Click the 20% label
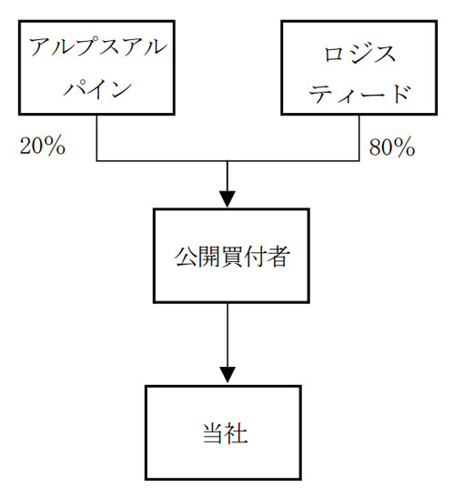click(x=43, y=147)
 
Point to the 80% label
click(x=392, y=147)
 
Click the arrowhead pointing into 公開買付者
click(x=227, y=199)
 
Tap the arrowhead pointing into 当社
click(x=227, y=375)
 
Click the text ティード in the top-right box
click(x=359, y=94)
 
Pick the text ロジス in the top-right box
click(x=359, y=54)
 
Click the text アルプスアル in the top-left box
click(x=97, y=47)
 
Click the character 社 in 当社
click(x=236, y=432)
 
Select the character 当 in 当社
click(x=213, y=432)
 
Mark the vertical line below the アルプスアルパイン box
click(x=96, y=137)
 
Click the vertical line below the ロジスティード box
click(x=359, y=137)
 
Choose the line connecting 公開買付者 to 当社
click(x=227, y=343)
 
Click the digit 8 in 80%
click(x=375, y=147)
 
